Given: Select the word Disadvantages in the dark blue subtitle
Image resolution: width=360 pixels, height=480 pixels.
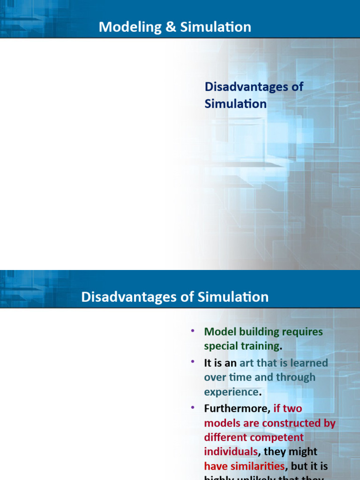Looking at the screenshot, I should pyautogui.click(x=254, y=86).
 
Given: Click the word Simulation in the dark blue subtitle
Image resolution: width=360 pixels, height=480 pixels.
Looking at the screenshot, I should pyautogui.click(x=235, y=104).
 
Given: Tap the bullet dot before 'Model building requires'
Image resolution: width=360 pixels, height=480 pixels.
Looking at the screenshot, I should pyautogui.click(x=192, y=331).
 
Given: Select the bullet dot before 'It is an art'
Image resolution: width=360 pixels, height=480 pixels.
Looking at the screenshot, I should pyautogui.click(x=192, y=362).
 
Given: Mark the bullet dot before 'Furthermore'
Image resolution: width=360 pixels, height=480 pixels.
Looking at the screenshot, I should pyautogui.click(x=192, y=408).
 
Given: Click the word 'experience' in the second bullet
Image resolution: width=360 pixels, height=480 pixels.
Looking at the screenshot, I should pyautogui.click(x=231, y=392).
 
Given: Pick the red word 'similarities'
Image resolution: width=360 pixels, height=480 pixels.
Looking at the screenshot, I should pyautogui.click(x=256, y=466).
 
